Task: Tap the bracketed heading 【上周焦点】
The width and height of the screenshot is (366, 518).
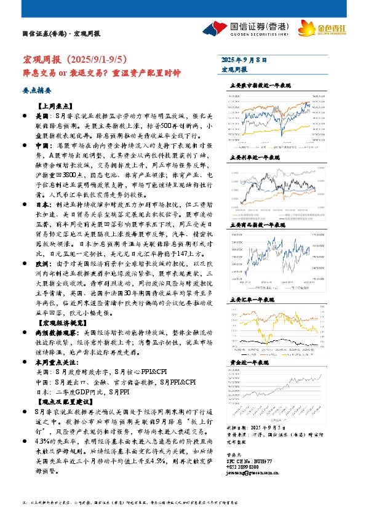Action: (x=56, y=105)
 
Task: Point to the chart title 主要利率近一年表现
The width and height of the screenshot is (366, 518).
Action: (x=253, y=157)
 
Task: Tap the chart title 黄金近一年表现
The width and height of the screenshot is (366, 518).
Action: (x=249, y=364)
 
